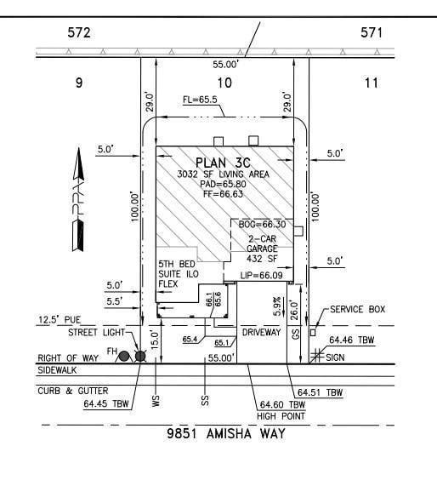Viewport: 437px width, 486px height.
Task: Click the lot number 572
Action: point(79,32)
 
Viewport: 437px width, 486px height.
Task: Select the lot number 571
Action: point(371,32)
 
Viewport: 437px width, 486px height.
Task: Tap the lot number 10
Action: point(224,83)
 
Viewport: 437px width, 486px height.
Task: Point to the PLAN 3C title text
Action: point(224,162)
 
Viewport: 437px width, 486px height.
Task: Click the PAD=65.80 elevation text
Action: point(224,183)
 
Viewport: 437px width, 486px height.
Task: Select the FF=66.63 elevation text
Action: point(224,193)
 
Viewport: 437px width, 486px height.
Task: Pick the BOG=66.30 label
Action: point(263,225)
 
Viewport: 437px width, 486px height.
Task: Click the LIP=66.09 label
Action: point(260,276)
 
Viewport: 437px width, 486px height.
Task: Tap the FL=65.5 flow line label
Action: point(202,100)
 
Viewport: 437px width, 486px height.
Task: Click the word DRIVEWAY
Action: point(261,332)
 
